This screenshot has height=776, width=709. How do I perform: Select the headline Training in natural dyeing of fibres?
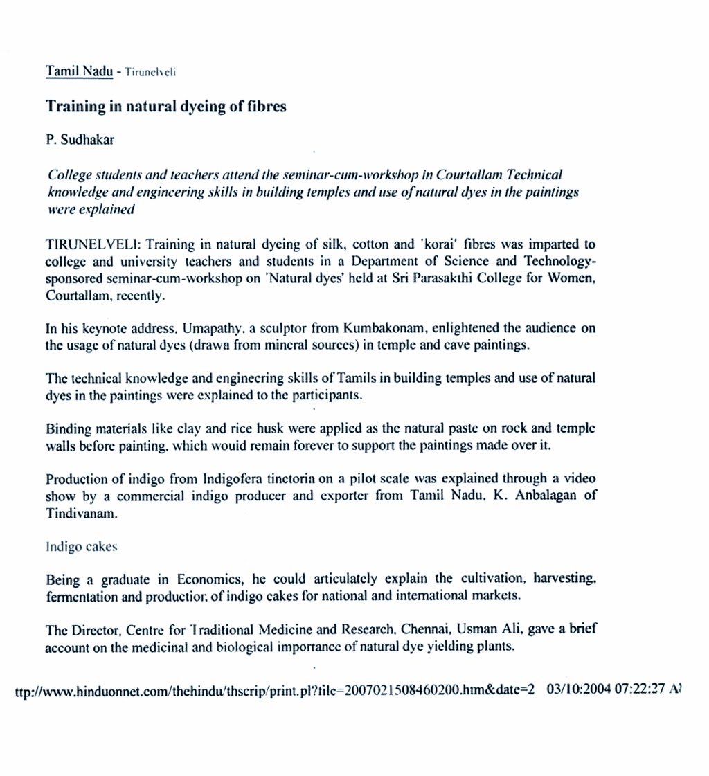(x=166, y=107)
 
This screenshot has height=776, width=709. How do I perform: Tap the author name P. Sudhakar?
(x=80, y=139)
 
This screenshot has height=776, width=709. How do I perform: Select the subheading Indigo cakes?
(x=81, y=546)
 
